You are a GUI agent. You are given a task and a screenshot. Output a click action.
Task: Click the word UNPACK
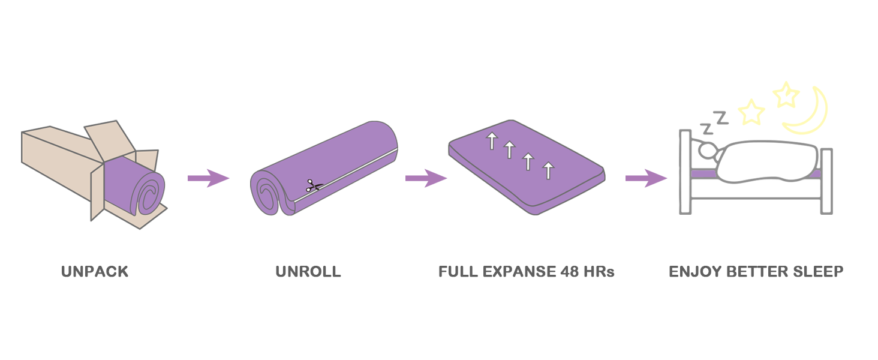coord(95,272)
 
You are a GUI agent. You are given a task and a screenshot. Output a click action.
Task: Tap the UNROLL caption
coord(308,272)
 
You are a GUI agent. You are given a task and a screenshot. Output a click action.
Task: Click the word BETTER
coord(756,272)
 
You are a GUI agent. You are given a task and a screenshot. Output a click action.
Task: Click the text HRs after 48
coord(600,272)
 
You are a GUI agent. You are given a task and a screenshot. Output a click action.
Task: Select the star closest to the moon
coord(786,95)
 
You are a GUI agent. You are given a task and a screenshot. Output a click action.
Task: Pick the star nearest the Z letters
coord(751,112)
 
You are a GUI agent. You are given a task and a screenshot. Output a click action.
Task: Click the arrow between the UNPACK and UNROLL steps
coord(208,178)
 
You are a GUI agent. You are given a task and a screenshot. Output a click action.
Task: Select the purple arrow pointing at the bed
coord(646,178)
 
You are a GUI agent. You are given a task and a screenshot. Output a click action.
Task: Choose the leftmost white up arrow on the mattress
coord(492,141)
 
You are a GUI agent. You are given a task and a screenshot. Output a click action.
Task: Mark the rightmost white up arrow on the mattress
coord(548,170)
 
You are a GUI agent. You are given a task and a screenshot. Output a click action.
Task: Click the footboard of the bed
coord(826,180)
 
